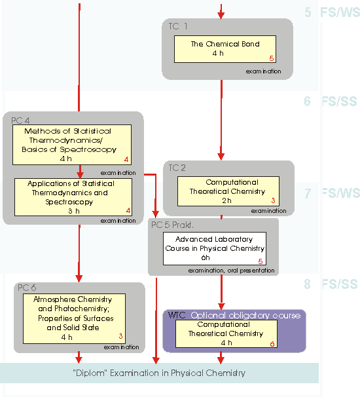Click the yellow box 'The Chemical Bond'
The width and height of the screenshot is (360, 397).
[225, 49]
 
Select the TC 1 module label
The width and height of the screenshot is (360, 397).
[178, 26]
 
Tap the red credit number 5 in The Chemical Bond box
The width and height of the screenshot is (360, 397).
[272, 58]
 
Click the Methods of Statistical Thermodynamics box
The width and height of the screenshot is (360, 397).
[72, 145]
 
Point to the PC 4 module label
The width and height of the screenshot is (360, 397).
[20, 121]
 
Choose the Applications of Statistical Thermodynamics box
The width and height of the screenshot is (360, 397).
[73, 197]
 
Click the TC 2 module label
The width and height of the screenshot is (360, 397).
[177, 168]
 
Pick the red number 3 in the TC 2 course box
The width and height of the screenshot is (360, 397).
[273, 200]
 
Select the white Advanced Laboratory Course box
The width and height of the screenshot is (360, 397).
[215, 248]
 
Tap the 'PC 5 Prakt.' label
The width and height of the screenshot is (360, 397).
[172, 225]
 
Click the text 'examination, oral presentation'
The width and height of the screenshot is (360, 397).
[231, 271]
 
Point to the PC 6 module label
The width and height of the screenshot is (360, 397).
[27, 288]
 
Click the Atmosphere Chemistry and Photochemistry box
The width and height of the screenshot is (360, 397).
[74, 318]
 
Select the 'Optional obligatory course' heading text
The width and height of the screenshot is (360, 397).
[245, 315]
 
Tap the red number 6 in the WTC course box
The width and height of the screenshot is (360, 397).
[272, 344]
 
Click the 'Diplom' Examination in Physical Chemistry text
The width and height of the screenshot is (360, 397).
[159, 373]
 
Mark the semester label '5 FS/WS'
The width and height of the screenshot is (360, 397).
[332, 12]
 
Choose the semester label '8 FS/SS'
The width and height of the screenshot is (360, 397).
[331, 284]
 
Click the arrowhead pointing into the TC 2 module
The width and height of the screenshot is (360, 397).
[221, 157]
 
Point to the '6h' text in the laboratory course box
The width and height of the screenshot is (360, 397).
[206, 257]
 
